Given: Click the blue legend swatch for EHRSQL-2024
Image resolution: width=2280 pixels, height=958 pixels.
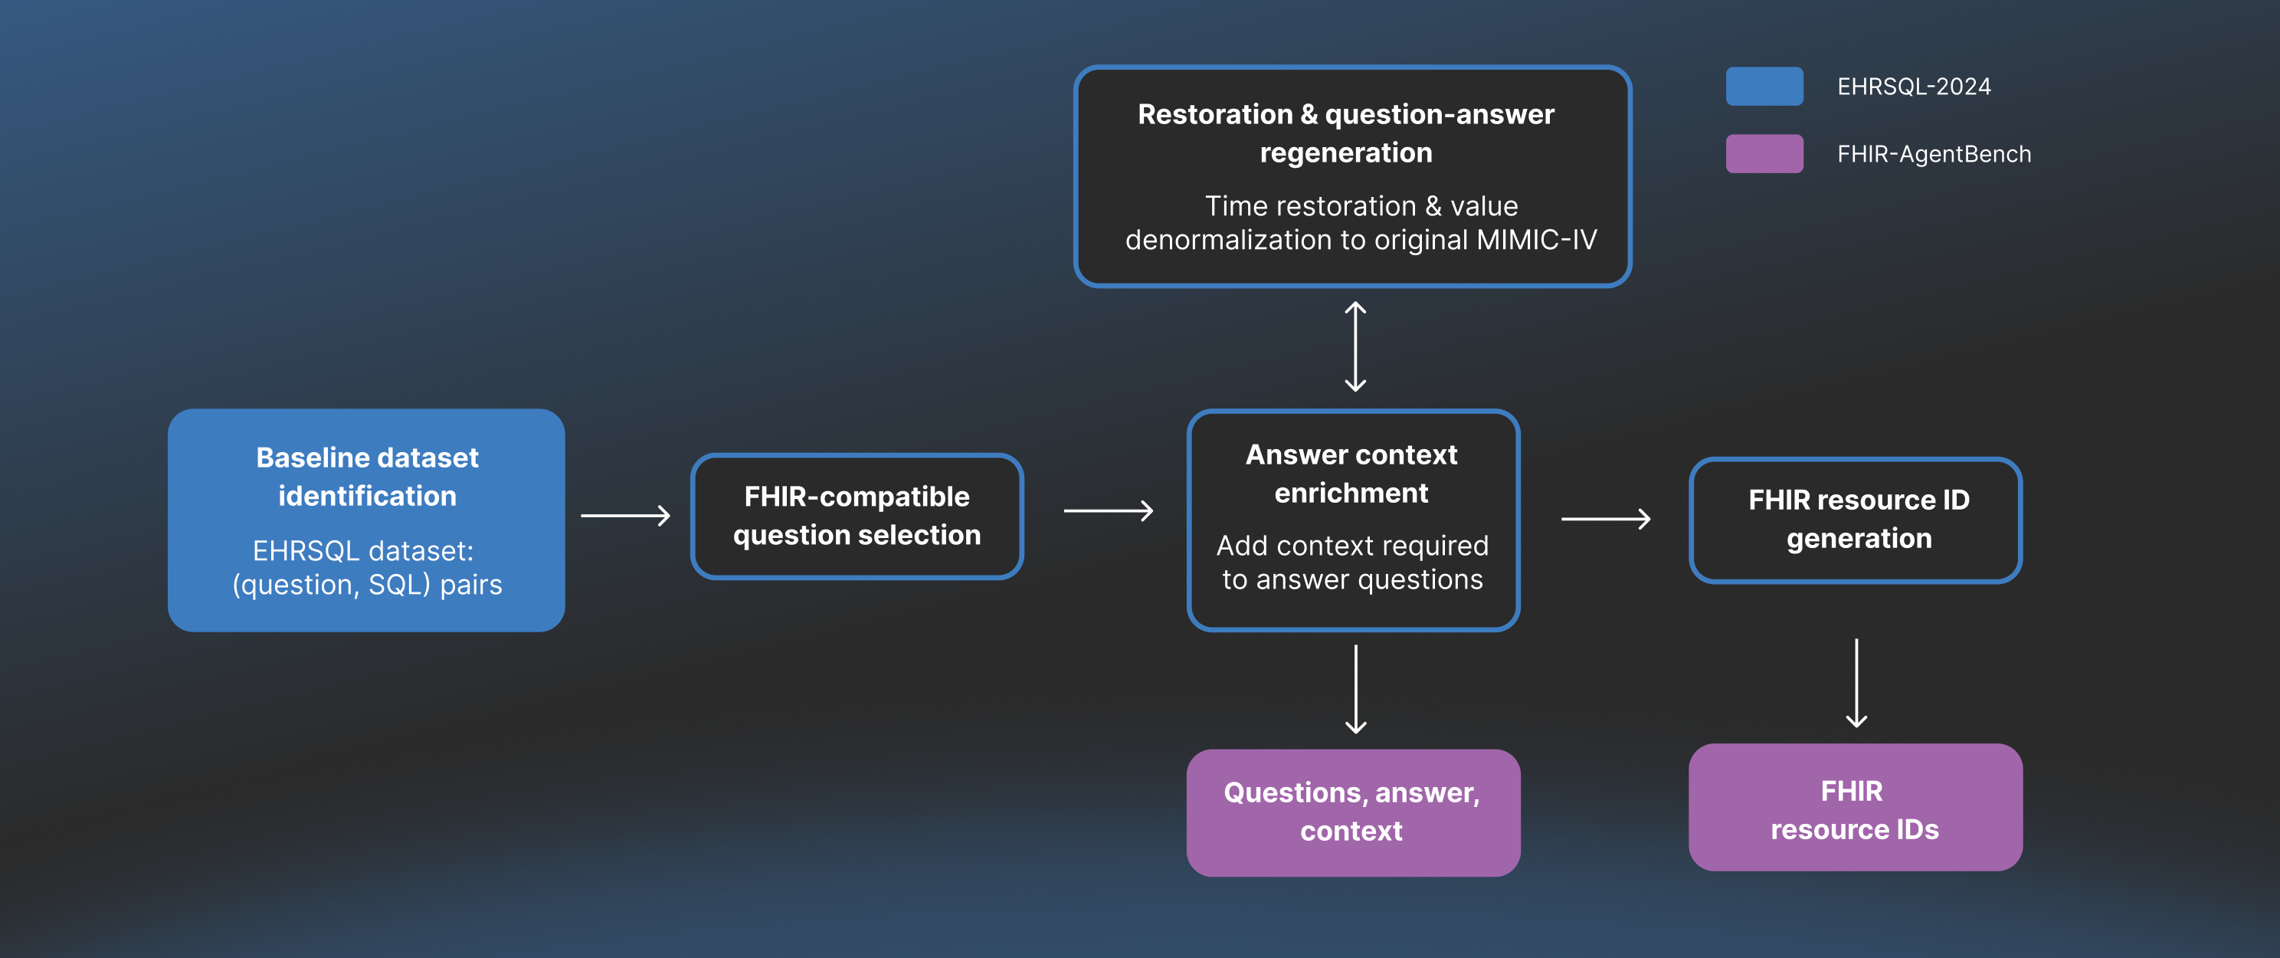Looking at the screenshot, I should [1763, 86].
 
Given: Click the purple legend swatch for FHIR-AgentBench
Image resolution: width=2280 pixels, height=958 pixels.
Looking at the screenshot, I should [1763, 154].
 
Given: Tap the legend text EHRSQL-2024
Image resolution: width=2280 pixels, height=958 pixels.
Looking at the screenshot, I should [1913, 87].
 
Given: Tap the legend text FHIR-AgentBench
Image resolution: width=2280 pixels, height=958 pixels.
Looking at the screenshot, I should [1933, 154].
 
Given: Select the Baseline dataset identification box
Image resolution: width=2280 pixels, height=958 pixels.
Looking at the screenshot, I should [366, 520].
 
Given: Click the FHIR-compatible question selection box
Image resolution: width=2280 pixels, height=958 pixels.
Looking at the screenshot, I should [856, 517].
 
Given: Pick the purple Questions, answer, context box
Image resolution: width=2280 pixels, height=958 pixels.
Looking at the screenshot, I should [1352, 812].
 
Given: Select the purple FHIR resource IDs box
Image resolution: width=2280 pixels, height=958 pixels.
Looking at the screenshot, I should [1855, 808].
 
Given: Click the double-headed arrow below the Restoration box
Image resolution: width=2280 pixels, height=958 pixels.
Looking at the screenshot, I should [1355, 346].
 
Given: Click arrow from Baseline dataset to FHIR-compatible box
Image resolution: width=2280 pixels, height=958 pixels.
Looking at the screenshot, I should [625, 515].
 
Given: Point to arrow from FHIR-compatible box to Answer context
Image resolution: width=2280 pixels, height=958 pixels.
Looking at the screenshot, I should [1107, 511].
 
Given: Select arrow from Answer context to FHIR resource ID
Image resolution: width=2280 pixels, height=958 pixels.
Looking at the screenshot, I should [1605, 519].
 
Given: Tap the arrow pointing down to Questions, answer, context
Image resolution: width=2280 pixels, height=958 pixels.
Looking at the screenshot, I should [1355, 689].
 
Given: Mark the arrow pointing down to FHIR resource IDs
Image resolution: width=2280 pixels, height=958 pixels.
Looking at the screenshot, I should [1856, 683].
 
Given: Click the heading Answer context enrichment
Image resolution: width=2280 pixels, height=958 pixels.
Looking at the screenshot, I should [1351, 474].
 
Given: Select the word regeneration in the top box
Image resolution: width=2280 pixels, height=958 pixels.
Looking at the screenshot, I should [1345, 153].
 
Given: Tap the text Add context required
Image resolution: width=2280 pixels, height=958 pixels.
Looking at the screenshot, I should [1351, 546].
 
